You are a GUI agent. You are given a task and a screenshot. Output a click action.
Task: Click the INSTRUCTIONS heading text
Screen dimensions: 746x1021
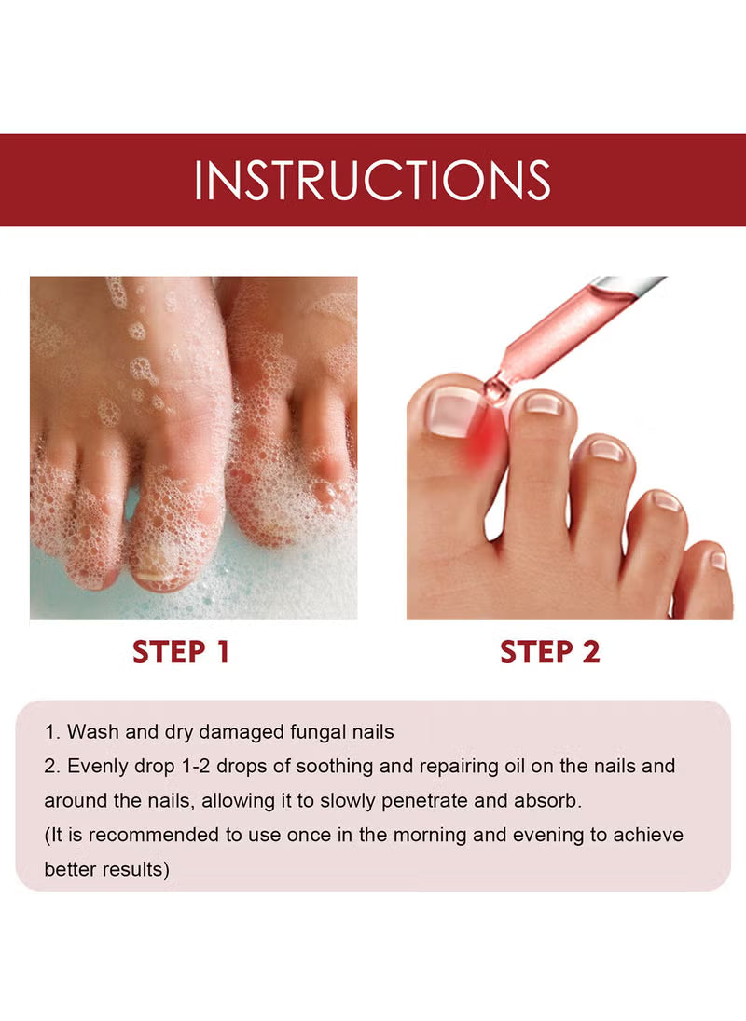(372, 180)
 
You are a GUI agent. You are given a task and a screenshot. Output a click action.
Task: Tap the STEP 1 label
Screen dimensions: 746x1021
(181, 652)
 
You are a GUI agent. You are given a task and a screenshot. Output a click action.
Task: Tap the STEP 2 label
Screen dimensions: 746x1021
(550, 652)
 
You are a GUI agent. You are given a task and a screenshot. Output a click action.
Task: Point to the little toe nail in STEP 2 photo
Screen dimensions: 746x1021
(717, 561)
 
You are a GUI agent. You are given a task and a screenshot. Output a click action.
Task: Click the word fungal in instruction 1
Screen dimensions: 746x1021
(318, 732)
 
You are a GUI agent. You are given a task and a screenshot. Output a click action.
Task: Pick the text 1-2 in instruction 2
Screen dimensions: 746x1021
(195, 767)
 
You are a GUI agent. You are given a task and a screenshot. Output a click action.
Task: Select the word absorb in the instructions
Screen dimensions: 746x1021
(547, 800)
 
